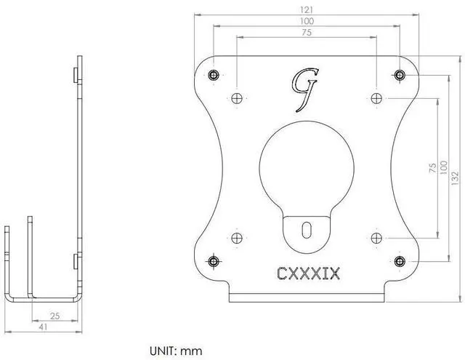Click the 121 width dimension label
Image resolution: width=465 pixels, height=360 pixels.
[x=307, y=10]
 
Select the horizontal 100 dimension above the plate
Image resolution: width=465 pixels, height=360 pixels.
[x=307, y=21]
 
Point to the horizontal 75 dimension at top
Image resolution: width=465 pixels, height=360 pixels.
[x=307, y=32]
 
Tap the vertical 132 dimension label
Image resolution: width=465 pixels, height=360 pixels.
[x=455, y=178]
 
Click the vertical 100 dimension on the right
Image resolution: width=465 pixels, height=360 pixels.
[x=443, y=168]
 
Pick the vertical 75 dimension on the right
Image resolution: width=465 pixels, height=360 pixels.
[x=433, y=168]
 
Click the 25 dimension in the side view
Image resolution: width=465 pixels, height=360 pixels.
[x=55, y=316]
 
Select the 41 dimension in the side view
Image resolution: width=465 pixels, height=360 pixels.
[x=44, y=327]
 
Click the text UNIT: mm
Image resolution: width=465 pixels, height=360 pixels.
[x=176, y=351]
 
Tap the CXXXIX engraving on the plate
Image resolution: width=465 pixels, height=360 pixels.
[x=308, y=273]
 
